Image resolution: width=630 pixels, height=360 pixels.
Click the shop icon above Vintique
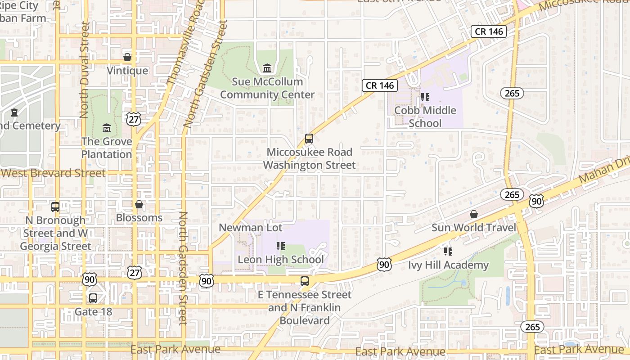click(127, 57)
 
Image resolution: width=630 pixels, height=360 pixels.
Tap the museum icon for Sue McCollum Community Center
click(267, 68)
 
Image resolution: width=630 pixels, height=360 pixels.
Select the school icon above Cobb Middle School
click(425, 97)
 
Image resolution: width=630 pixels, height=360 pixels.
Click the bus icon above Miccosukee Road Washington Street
click(309, 139)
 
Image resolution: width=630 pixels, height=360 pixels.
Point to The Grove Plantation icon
click(107, 128)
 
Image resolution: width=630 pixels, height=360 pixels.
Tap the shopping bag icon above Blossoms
click(139, 204)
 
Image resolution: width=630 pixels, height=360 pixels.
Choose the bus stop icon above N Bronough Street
click(55, 207)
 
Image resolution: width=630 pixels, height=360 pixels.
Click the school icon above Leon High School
click(281, 246)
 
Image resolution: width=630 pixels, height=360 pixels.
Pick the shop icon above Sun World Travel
click(473, 214)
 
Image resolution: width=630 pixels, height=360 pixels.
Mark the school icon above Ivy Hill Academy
click(448, 251)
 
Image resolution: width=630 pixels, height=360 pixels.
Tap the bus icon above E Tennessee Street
click(305, 281)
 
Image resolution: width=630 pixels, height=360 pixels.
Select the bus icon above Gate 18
click(93, 298)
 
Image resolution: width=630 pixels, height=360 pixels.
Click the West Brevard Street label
click(53, 173)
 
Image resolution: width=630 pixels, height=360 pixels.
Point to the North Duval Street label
click(84, 70)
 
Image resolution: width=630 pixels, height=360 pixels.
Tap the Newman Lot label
click(251, 228)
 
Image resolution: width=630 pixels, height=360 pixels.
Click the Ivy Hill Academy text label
click(448, 265)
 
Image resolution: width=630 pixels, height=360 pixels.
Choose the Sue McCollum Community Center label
click(267, 88)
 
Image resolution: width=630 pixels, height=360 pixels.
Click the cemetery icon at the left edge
click(14, 112)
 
